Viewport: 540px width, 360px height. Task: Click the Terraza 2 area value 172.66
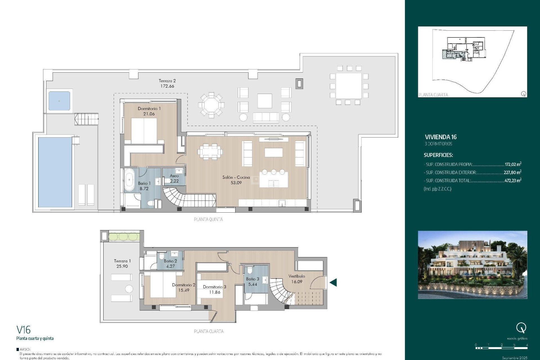167,86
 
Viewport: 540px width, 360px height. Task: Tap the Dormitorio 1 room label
149,109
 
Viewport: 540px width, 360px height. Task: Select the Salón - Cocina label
236,177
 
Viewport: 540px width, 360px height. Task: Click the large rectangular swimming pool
55,172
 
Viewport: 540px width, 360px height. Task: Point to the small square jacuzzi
59,101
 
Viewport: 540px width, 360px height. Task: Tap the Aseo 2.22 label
174,178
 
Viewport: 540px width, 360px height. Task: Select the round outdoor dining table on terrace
211,105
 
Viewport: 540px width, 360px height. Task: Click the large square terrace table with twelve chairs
349,86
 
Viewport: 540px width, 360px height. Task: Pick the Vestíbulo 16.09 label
297,279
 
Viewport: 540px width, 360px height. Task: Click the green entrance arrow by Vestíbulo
333,282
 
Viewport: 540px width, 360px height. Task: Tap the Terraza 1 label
122,261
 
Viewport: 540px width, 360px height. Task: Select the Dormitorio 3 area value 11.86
215,292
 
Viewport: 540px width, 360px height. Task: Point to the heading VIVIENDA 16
440,137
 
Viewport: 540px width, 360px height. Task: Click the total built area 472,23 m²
512,181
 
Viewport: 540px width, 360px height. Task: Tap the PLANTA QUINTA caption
208,219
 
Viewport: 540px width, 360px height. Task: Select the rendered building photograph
472,265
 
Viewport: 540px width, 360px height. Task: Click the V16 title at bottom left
24,330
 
